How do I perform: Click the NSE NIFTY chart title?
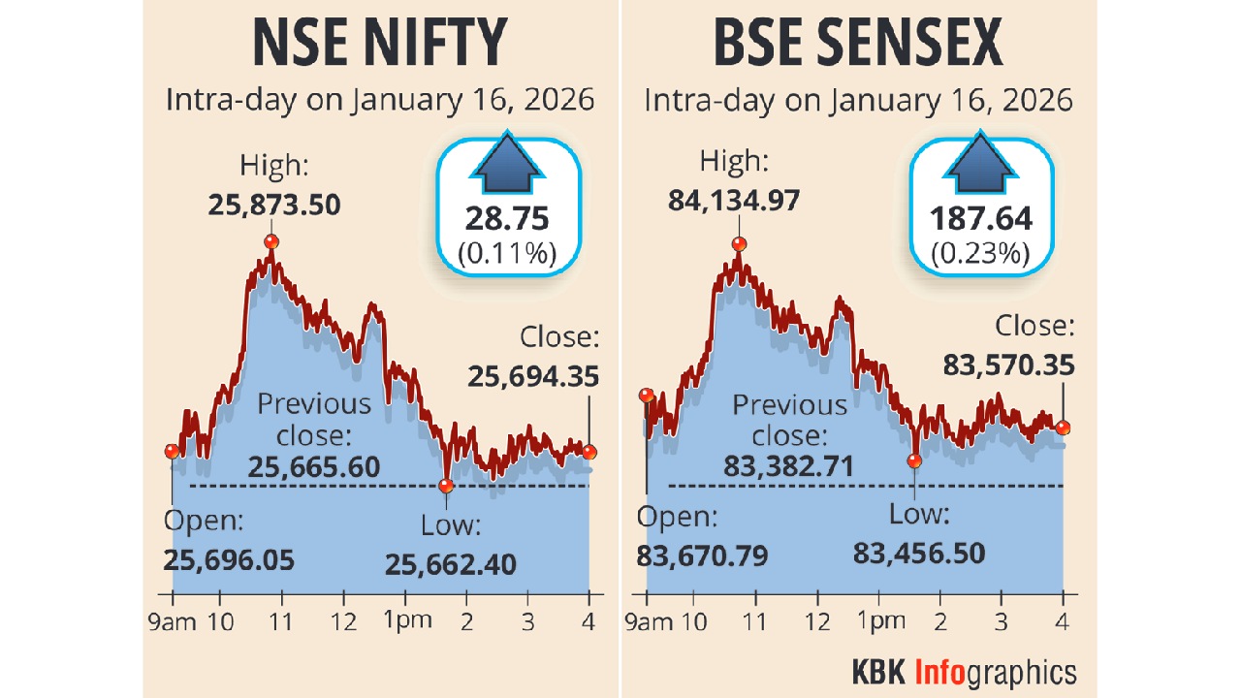point(380,43)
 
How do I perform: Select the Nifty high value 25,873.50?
point(274,205)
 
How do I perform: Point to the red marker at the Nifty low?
point(446,486)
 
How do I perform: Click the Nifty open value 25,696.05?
point(229,560)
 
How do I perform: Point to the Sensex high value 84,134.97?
point(747,202)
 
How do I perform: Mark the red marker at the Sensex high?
point(739,244)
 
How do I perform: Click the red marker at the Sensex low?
point(914,461)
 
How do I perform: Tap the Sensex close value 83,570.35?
point(1008,365)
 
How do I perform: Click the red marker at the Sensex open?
point(647,395)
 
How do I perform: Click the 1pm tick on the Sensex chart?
point(878,621)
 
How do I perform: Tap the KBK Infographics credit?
point(964,672)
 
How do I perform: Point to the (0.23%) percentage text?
point(980,253)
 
